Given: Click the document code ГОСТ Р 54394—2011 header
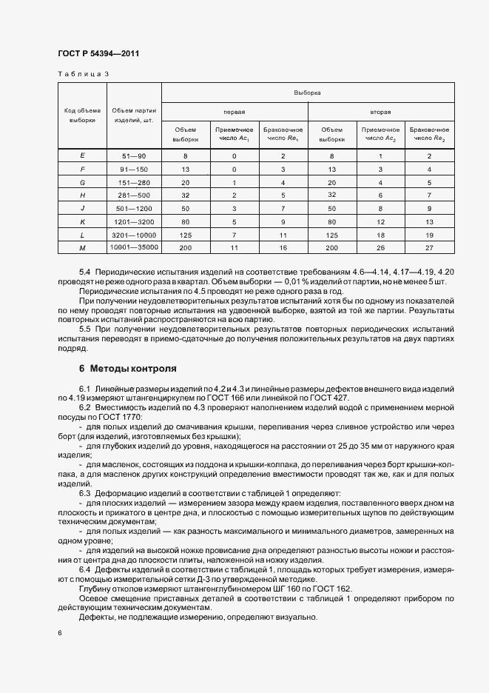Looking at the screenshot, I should (x=98, y=53).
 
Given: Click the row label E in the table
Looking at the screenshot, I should (x=82, y=155).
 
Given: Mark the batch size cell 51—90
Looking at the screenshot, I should (x=134, y=155).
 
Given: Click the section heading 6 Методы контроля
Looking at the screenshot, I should (x=127, y=368).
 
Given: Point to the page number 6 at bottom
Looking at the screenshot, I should (x=60, y=633).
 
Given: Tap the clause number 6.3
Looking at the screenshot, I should (x=84, y=492).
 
